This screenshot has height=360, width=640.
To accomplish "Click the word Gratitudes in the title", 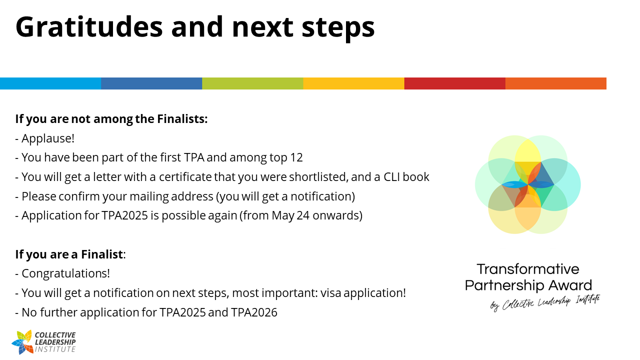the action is (x=89, y=27).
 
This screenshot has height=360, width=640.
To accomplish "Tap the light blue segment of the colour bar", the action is (x=50, y=83).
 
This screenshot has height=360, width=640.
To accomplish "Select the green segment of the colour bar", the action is (x=252, y=83).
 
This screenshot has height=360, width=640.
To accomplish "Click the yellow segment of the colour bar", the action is (x=353, y=83).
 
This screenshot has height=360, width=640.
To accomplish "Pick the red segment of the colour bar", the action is (x=455, y=83).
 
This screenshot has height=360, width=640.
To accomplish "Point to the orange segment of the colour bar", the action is (x=555, y=83).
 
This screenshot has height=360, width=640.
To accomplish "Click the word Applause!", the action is (x=48, y=139).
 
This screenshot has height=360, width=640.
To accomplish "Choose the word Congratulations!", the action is (x=65, y=274).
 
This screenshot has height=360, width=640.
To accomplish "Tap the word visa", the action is (x=330, y=293).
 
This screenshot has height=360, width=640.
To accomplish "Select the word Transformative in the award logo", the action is (x=527, y=269).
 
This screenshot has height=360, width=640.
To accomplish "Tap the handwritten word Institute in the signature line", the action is (x=587, y=299).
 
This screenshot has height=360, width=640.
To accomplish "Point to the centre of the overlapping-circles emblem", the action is (x=527, y=184).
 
